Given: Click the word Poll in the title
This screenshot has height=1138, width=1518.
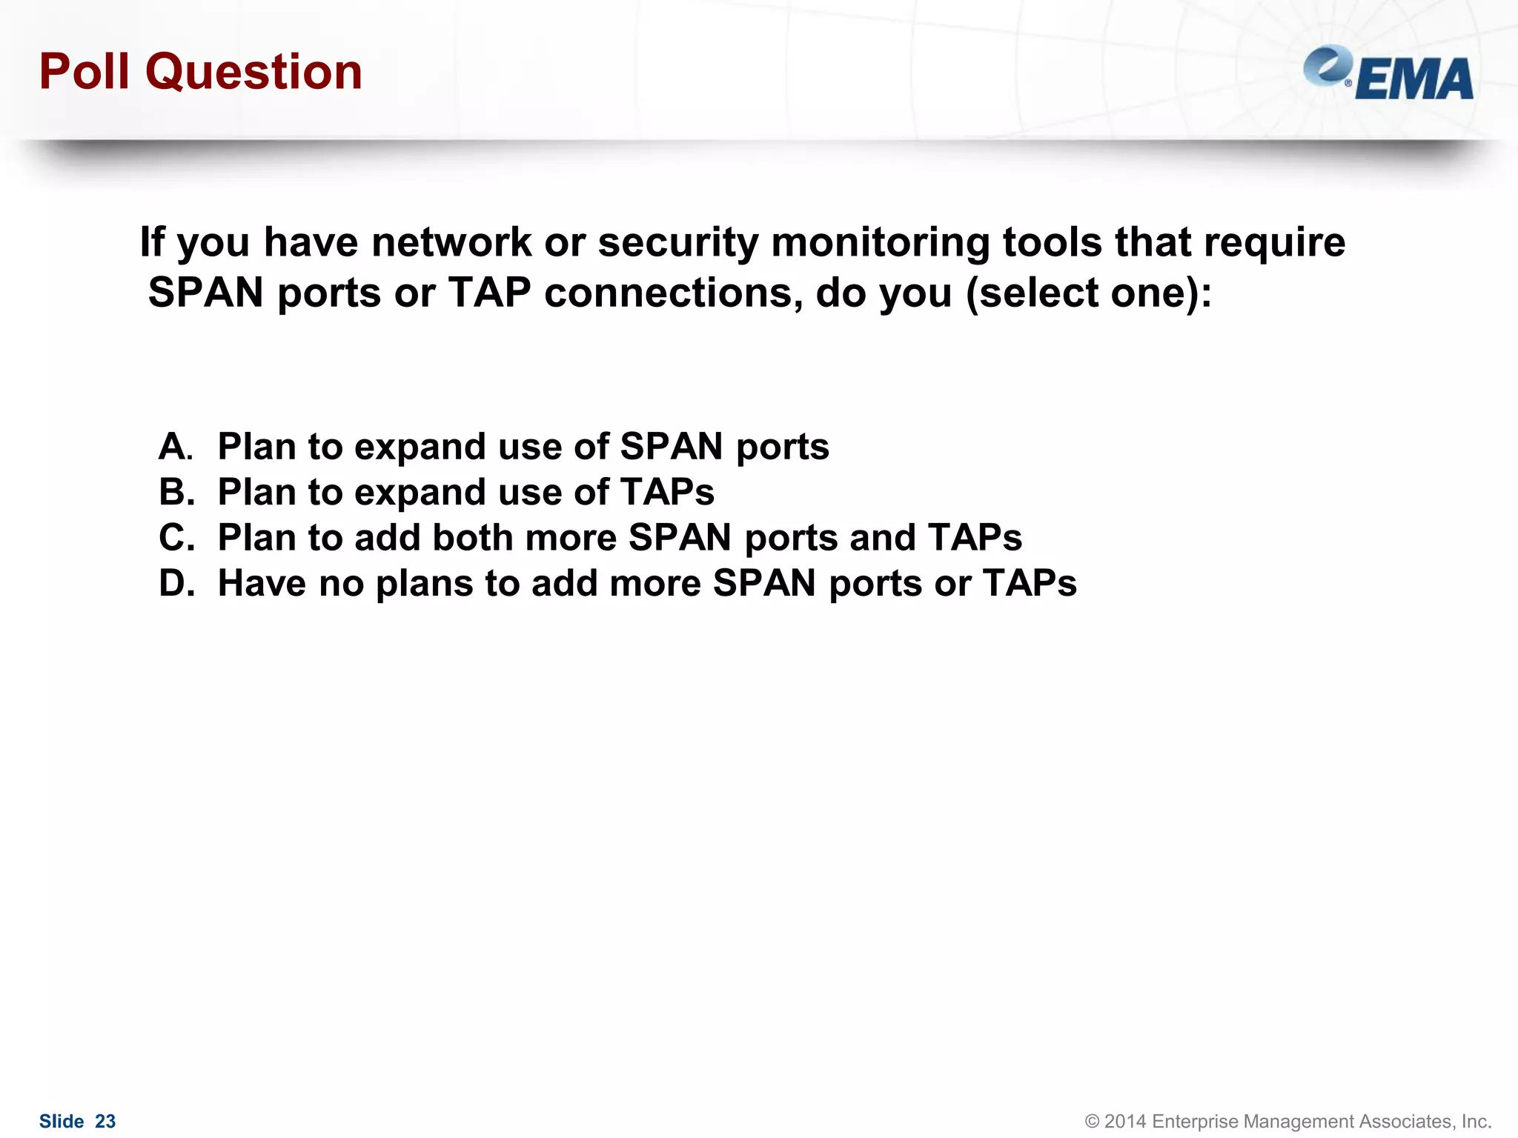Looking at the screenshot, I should click(x=84, y=72).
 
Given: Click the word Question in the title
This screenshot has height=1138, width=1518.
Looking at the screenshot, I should click(x=253, y=73).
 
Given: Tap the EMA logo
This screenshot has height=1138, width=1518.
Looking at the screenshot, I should click(x=1388, y=73).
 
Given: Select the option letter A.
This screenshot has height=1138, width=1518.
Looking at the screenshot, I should click(x=175, y=447).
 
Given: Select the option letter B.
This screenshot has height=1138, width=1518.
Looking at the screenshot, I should click(x=176, y=493).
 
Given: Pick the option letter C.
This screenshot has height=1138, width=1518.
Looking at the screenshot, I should click(x=176, y=538).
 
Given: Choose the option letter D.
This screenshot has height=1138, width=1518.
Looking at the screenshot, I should click(x=176, y=584).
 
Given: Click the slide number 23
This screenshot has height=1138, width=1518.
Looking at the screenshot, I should click(x=105, y=1122).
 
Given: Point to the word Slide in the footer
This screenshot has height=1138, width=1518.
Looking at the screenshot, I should click(x=62, y=1122).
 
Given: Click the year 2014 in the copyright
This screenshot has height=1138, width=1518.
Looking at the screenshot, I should click(x=1125, y=1122).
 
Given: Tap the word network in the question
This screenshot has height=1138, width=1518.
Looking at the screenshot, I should click(x=451, y=242).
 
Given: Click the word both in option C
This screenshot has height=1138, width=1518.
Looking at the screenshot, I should click(x=472, y=538).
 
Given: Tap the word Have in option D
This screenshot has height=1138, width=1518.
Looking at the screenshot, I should click(x=261, y=584).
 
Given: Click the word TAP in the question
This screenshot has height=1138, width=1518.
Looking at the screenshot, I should click(x=489, y=293).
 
